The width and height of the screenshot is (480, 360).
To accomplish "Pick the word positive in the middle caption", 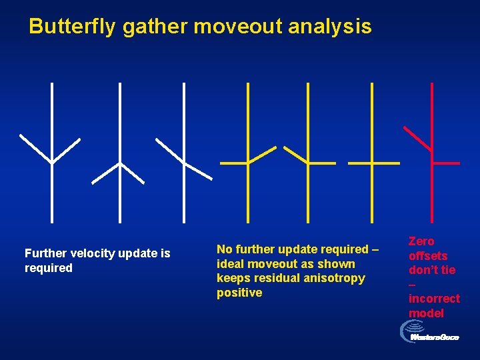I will click(x=239, y=293).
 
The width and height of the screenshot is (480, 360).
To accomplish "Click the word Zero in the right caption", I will click(x=421, y=241).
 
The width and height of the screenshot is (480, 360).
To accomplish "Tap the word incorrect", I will click(x=434, y=299).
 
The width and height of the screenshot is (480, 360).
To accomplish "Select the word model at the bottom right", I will click(x=426, y=313).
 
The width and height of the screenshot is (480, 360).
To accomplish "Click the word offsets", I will click(x=428, y=256).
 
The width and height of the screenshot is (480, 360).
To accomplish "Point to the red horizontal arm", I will click(x=446, y=163).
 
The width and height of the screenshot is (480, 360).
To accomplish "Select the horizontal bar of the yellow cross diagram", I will click(x=373, y=163).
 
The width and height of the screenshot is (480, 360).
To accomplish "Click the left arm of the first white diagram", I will click(x=35, y=149).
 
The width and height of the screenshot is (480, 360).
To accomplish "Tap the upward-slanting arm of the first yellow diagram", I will click(x=262, y=155).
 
